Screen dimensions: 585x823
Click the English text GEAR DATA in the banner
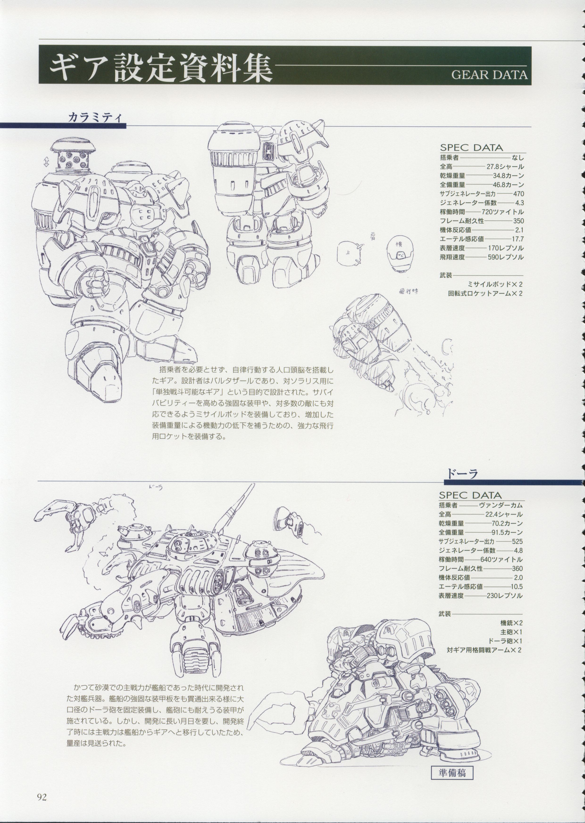point(489,75)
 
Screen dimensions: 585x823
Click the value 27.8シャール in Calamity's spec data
point(506,167)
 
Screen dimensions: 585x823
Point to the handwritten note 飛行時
point(409,292)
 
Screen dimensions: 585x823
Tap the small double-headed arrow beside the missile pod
point(46,163)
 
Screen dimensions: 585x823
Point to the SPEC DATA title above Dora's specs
point(470,495)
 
